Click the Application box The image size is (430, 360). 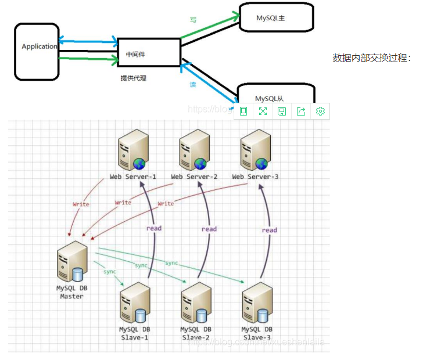pyautogui.click(x=38, y=51)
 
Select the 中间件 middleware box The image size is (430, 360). pyautogui.click(x=149, y=53)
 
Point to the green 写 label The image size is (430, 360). pyautogui.click(x=193, y=20)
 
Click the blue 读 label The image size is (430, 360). pyautogui.click(x=193, y=84)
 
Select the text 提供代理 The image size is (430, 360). pyautogui.click(x=133, y=78)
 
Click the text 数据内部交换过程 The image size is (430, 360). pyautogui.click(x=371, y=58)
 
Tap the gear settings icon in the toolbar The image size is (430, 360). pyautogui.click(x=320, y=111)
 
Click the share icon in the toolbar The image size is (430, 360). pyautogui.click(x=301, y=111)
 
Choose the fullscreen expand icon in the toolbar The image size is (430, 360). pyautogui.click(x=263, y=111)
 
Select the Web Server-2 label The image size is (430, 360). pyautogui.click(x=194, y=177)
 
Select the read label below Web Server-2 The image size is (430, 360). pyautogui.click(x=209, y=229)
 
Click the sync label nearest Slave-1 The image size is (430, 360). pyautogui.click(x=110, y=271)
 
